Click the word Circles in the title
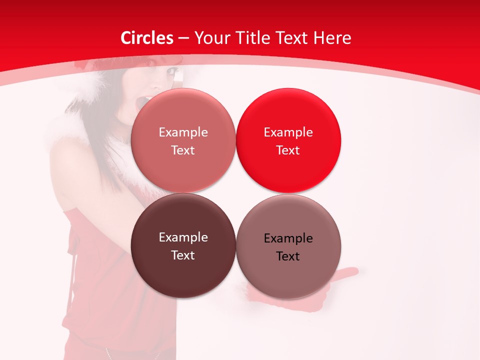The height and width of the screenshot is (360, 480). click(x=146, y=38)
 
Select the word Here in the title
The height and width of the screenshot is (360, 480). click(x=332, y=38)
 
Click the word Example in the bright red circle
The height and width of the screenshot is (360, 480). click(x=288, y=132)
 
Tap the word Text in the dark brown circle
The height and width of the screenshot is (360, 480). click(x=183, y=255)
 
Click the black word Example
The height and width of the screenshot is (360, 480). click(x=288, y=238)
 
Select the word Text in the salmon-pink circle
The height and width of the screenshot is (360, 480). click(x=183, y=150)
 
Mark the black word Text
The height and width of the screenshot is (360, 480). click(x=288, y=256)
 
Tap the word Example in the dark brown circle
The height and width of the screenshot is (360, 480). click(x=183, y=237)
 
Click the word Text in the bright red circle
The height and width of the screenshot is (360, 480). click(x=288, y=150)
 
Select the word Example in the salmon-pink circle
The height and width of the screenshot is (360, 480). click(x=183, y=132)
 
